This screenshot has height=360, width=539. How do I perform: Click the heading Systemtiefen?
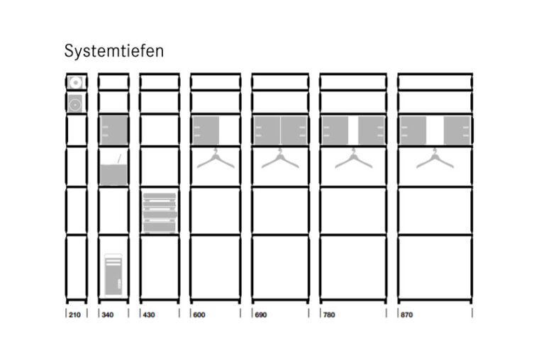(113, 52)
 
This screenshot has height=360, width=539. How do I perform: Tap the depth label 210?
(74, 315)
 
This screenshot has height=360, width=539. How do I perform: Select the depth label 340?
(108, 315)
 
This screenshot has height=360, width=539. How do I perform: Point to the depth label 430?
(149, 315)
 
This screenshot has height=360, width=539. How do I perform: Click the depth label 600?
(199, 315)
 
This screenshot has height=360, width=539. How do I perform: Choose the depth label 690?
(261, 315)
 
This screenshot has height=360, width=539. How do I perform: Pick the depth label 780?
(329, 315)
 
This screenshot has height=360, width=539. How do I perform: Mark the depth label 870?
(406, 315)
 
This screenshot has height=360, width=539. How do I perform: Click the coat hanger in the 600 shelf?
(216, 160)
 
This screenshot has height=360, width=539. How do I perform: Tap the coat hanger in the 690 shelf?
(280, 160)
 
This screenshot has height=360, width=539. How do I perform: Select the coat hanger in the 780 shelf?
(353, 160)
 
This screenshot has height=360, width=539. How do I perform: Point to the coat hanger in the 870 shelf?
(435, 160)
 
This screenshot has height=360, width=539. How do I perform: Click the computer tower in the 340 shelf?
(113, 274)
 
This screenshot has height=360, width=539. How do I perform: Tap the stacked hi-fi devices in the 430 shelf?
(160, 213)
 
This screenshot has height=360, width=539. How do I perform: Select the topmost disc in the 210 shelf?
(75, 82)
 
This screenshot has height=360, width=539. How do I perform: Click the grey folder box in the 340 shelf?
(113, 174)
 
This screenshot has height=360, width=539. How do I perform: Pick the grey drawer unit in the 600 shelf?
(206, 130)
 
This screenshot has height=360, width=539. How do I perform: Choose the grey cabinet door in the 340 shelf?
(113, 130)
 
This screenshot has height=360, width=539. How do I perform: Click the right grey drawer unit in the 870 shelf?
(457, 130)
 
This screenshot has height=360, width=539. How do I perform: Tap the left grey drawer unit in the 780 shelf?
(335, 130)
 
